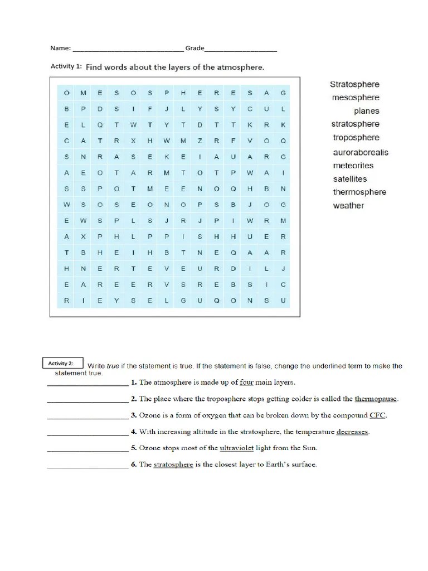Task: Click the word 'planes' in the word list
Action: tap(366, 111)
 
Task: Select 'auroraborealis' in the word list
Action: tap(361, 152)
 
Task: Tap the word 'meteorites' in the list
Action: tap(353, 166)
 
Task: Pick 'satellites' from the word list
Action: tap(350, 179)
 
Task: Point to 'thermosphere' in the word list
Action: tap(359, 192)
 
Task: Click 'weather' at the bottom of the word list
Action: tap(348, 206)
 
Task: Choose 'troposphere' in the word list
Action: tap(356, 138)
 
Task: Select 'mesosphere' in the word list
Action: tap(356, 98)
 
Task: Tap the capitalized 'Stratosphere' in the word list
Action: tap(354, 84)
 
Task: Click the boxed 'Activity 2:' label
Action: tap(61, 364)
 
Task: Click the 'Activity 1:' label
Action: tap(66, 66)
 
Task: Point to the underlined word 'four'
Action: tap(246, 383)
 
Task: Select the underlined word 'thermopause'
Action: tap(376, 399)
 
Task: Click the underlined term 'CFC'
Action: tap(377, 415)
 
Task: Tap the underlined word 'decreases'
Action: tap(352, 432)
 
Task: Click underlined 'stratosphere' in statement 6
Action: tap(173, 464)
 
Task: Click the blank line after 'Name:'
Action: tap(128, 49)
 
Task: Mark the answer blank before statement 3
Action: tap(87, 417)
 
